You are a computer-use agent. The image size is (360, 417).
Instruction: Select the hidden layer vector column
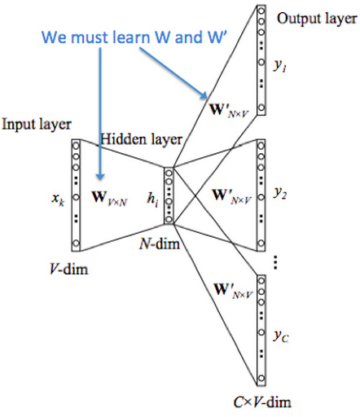[x=169, y=195]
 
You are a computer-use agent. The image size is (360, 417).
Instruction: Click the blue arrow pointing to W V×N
[x=99, y=114]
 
